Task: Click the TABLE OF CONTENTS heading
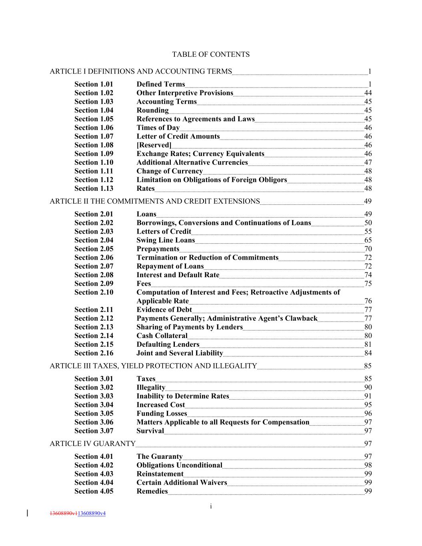point(211,54)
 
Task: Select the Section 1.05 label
point(94,119)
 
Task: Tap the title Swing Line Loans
point(166,240)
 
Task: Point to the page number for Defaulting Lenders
point(368,344)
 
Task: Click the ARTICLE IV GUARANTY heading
point(92,443)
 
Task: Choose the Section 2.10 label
point(94,292)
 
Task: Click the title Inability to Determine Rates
point(183,396)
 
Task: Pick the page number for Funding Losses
point(368,414)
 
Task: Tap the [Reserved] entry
point(154,145)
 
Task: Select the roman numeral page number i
point(211,506)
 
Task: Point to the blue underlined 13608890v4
point(91,513)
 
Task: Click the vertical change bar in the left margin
point(27,513)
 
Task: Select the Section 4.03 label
point(94,474)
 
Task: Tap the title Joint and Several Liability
point(180,353)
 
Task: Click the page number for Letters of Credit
point(368,232)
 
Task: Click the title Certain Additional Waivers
point(182,482)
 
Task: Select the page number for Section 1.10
point(368,162)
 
